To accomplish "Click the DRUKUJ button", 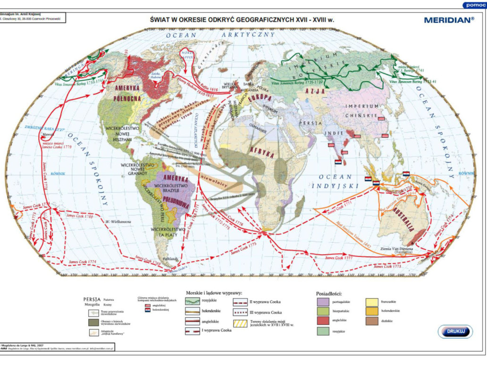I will [x=455, y=332].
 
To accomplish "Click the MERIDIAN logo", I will [x=449, y=20].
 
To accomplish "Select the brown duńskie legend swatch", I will [x=372, y=321].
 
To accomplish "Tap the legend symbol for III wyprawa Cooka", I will [x=243, y=312].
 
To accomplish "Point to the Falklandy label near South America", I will [x=172, y=258].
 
